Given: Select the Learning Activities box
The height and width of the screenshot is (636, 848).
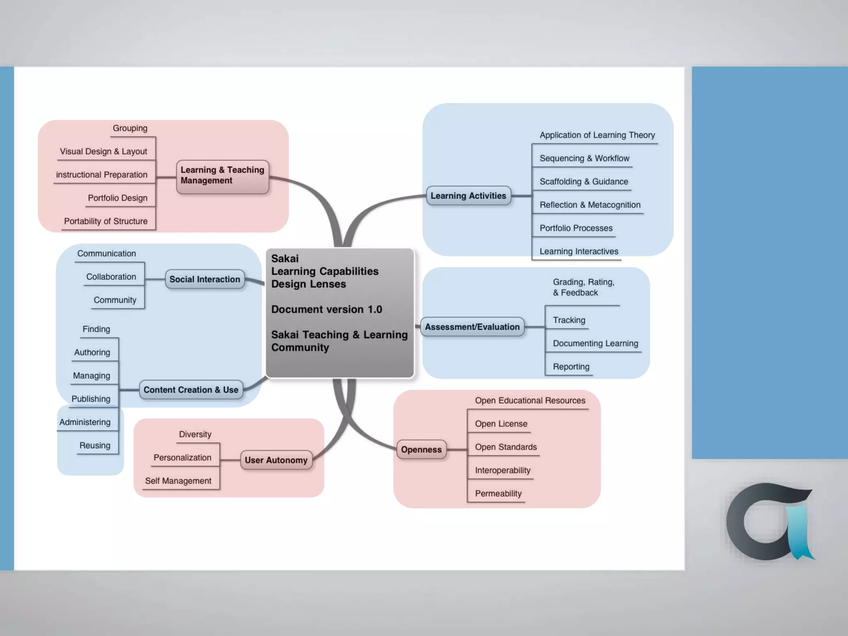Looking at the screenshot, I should pyautogui.click(x=468, y=196).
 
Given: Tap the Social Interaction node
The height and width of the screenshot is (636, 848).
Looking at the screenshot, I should pyautogui.click(x=205, y=279).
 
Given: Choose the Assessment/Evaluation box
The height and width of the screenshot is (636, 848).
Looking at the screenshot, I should pyautogui.click(x=472, y=327).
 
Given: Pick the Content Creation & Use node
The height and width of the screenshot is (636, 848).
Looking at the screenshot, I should pyautogui.click(x=191, y=390).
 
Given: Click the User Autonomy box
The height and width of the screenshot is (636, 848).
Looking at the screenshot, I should pyautogui.click(x=276, y=460).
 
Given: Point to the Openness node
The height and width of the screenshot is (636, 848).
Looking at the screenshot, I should pyautogui.click(x=421, y=450).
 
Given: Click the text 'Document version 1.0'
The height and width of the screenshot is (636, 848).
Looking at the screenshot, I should pyautogui.click(x=326, y=309).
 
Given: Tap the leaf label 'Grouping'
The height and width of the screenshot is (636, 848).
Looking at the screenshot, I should pyautogui.click(x=130, y=128).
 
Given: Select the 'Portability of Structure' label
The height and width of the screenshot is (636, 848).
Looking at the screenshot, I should pyautogui.click(x=106, y=221).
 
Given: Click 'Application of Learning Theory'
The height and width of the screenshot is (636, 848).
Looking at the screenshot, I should pyautogui.click(x=597, y=135).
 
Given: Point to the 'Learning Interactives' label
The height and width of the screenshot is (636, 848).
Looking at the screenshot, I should pyautogui.click(x=578, y=251).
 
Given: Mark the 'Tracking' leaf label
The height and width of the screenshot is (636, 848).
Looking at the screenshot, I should pyautogui.click(x=569, y=320).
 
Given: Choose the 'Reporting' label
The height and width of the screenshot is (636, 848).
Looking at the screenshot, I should pyautogui.click(x=571, y=366).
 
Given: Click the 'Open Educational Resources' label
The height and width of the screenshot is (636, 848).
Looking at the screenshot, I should pyautogui.click(x=530, y=400).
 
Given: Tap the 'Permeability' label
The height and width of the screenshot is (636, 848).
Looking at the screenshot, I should pyautogui.click(x=498, y=494).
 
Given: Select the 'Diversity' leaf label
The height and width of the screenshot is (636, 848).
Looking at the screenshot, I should pyautogui.click(x=195, y=434).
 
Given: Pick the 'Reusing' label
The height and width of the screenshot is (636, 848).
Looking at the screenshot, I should pyautogui.click(x=95, y=446).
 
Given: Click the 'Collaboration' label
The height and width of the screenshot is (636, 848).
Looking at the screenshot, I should pyautogui.click(x=111, y=277).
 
